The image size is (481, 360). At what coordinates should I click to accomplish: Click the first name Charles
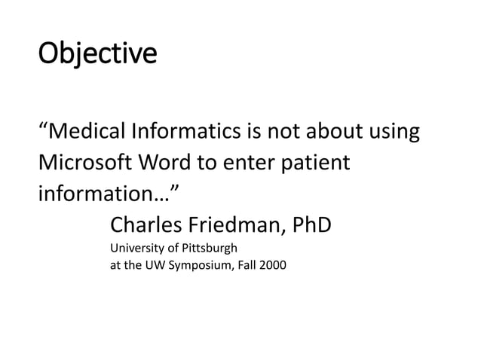[149, 224]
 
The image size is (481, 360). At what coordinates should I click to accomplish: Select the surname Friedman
[240, 224]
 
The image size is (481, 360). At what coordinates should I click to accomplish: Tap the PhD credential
[312, 224]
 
